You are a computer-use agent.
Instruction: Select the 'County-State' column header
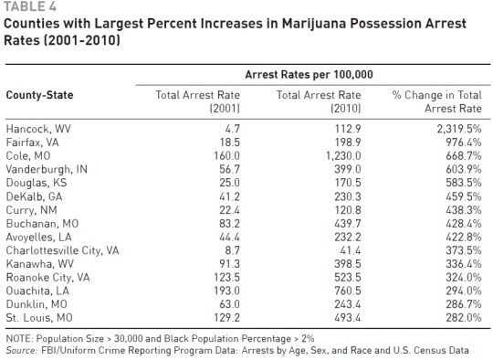coord(40,94)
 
